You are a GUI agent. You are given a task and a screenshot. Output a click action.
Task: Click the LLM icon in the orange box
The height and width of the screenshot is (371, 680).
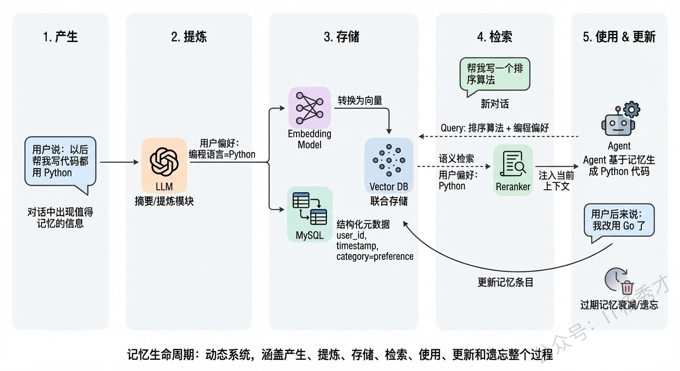click(x=164, y=161)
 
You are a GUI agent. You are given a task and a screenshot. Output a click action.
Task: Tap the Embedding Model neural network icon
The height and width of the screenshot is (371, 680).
click(x=309, y=107)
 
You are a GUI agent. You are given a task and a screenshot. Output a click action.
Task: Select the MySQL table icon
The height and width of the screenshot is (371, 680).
click(x=309, y=209)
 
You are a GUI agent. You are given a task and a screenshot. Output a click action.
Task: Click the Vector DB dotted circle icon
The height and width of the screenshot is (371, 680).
click(x=389, y=159)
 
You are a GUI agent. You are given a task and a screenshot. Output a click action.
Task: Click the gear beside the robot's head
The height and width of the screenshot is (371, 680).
click(x=631, y=110)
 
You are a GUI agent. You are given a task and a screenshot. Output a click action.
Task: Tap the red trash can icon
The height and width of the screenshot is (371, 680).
click(x=627, y=287)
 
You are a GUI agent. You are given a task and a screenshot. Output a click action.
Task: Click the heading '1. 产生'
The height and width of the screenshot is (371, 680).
click(x=60, y=37)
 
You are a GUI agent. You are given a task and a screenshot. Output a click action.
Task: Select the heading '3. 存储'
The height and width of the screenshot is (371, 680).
click(x=341, y=37)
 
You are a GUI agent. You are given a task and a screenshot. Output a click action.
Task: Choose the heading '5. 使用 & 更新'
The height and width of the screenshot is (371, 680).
click(x=619, y=37)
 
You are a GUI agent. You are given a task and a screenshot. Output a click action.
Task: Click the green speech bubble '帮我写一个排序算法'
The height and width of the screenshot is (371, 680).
click(x=495, y=74)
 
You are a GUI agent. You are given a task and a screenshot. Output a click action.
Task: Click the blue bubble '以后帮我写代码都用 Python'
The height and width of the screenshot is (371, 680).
click(x=60, y=160)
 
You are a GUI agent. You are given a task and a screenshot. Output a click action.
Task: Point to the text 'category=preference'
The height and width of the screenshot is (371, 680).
click(x=375, y=257)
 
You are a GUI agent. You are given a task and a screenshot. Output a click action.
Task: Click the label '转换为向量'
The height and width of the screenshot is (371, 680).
click(x=360, y=100)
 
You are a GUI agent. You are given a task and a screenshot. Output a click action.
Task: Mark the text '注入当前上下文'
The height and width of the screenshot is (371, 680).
click(x=556, y=181)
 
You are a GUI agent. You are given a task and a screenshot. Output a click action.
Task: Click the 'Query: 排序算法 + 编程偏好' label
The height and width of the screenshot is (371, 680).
click(x=495, y=128)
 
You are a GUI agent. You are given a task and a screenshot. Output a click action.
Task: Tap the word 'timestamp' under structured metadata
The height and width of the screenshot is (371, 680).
click(x=357, y=246)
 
